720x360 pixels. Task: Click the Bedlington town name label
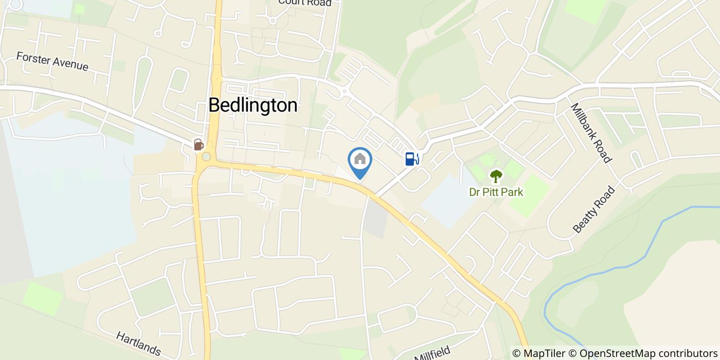pos(253,105)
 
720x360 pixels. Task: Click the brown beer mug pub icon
pos(199,145)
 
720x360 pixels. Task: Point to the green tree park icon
pos(495,176)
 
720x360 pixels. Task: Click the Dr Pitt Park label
pos(496,192)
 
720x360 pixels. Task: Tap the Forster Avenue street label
pos(52,61)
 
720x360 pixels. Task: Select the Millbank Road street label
pos(591,133)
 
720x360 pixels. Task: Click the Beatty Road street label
pos(593,210)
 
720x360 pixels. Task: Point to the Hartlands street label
pos(138,344)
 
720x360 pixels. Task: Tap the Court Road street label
pos(304,3)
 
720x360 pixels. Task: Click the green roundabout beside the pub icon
pos(206,156)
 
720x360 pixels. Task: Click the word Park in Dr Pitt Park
pos(513,192)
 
